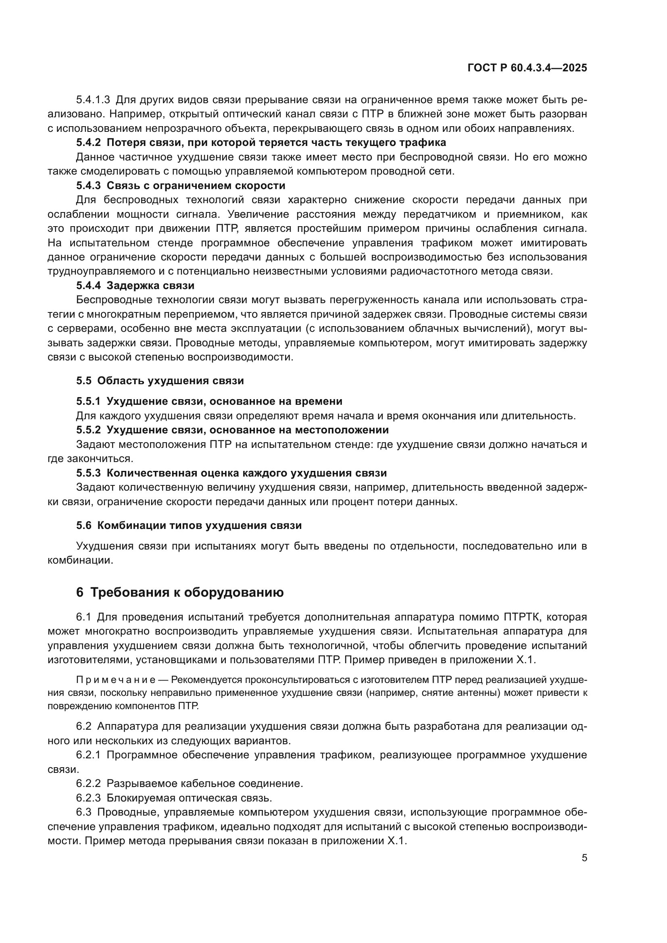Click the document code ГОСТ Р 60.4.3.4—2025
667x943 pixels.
(x=527, y=68)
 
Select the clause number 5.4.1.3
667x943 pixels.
(x=93, y=100)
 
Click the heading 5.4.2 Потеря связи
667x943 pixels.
(x=261, y=143)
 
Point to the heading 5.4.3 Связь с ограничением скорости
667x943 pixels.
(x=180, y=185)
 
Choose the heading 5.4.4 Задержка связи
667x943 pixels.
(x=135, y=285)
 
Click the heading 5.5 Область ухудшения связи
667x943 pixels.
(x=160, y=381)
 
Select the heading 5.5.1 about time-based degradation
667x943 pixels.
(x=209, y=401)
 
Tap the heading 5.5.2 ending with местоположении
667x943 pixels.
(x=232, y=430)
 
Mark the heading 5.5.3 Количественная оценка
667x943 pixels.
(x=231, y=473)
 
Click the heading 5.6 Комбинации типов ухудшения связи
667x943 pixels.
(x=188, y=526)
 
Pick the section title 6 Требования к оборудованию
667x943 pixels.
(x=180, y=593)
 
